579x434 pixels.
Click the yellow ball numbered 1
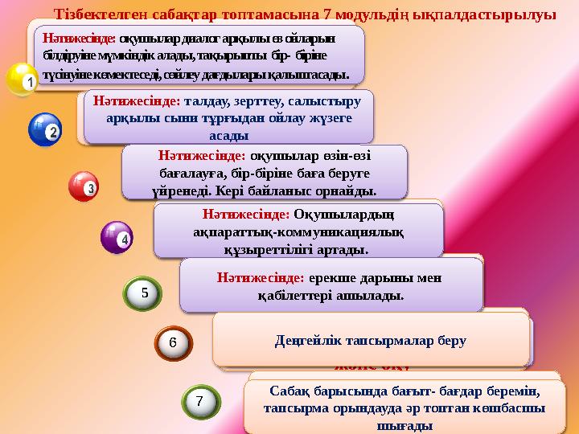[22, 80]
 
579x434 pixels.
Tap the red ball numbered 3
[83, 186]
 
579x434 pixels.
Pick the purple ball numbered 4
[116, 237]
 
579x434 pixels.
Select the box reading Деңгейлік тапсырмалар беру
[371, 340]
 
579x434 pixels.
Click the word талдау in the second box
[207, 102]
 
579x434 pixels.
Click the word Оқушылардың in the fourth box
[348, 215]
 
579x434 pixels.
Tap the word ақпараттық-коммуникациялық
[298, 232]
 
